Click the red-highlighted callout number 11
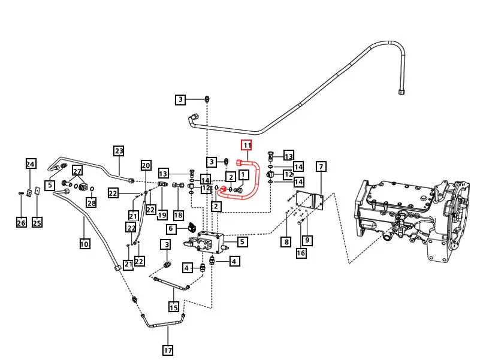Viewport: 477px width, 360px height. [246, 145]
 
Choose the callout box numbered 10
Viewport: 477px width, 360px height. [84, 243]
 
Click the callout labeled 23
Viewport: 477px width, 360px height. [119, 151]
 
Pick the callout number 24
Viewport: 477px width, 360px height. [31, 164]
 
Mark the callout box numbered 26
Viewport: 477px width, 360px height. [21, 223]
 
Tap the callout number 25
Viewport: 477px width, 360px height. [37, 223]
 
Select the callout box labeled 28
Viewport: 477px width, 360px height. [91, 203]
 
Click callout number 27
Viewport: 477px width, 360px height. [77, 171]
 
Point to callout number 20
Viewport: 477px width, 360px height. [146, 165]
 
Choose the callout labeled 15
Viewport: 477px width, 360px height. [174, 308]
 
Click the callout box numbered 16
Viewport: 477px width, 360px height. [301, 253]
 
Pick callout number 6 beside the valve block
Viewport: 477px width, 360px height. [171, 229]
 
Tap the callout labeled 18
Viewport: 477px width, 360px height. [178, 214]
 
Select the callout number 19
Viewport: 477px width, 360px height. [162, 214]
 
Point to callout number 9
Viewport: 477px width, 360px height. [307, 241]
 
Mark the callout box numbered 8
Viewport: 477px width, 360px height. [286, 241]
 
